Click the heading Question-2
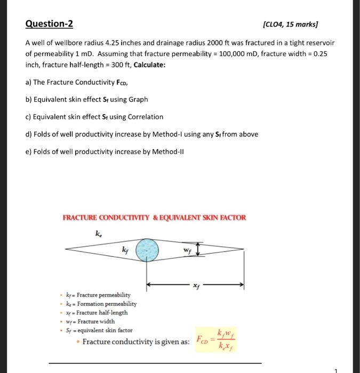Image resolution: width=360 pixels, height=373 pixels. [x=49, y=24]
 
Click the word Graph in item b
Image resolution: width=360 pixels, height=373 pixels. [x=138, y=99]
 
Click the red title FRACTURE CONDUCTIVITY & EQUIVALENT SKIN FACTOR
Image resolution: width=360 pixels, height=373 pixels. [x=154, y=217]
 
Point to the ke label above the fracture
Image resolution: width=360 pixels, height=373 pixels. [x=98, y=233]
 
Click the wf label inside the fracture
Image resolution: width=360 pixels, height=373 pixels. [x=187, y=249]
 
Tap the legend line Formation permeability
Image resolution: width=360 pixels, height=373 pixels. [x=101, y=304]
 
